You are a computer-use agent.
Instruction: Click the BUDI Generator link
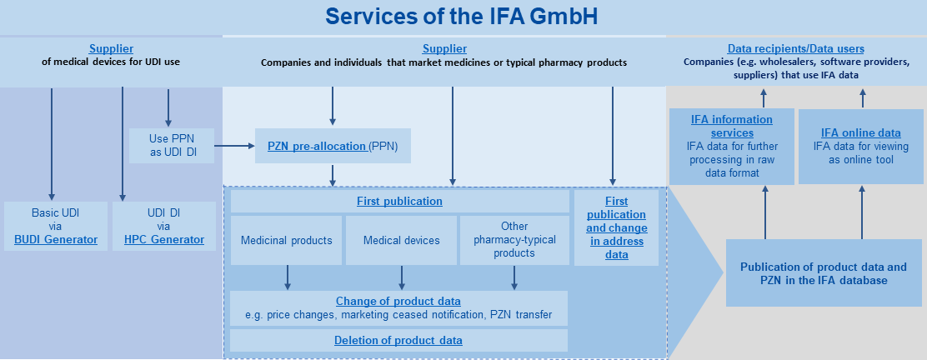tap(56, 240)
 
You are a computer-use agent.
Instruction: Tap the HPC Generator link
tap(164, 240)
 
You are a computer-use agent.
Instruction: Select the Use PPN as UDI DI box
tap(171, 145)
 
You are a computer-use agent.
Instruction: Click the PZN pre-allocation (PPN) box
tap(333, 147)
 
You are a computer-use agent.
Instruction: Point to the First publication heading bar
tap(399, 202)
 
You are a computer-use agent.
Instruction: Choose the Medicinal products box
tap(286, 240)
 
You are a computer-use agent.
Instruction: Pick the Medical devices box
tap(401, 240)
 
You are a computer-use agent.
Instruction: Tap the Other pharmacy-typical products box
tap(514, 240)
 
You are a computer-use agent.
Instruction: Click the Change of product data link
tap(398, 301)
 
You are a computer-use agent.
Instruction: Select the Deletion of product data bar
tap(398, 340)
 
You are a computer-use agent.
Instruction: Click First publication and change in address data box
tap(616, 227)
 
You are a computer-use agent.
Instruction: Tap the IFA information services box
tap(722, 147)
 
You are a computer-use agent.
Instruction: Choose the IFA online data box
tap(860, 147)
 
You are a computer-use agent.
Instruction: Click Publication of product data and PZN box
tap(823, 273)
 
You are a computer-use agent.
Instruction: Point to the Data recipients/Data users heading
tap(795, 49)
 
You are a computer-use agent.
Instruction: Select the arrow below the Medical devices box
tap(402, 277)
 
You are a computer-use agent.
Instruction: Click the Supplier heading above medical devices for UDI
tap(111, 49)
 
